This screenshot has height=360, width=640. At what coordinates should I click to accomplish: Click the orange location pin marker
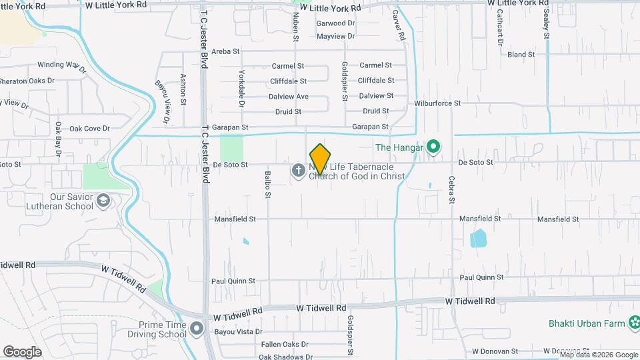tap(321, 159)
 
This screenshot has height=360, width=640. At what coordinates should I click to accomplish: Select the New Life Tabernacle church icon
tap(298, 171)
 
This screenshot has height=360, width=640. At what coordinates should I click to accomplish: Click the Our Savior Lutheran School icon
tap(103, 201)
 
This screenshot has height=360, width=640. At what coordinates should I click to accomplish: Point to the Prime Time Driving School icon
tap(196, 329)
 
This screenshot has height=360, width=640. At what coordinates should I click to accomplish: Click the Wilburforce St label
tap(437, 103)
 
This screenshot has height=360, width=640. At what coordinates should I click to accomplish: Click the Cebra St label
tap(451, 189)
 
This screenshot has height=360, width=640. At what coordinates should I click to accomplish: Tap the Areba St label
tap(225, 51)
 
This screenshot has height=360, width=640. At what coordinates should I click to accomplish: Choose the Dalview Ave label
tap(289, 97)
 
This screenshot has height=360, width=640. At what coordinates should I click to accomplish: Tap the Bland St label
tap(521, 55)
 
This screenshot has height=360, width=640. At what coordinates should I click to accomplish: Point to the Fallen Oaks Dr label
tap(285, 345)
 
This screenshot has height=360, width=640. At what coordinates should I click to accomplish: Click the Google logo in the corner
tap(22, 351)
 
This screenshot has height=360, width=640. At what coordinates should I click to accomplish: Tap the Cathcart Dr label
tap(499, 30)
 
